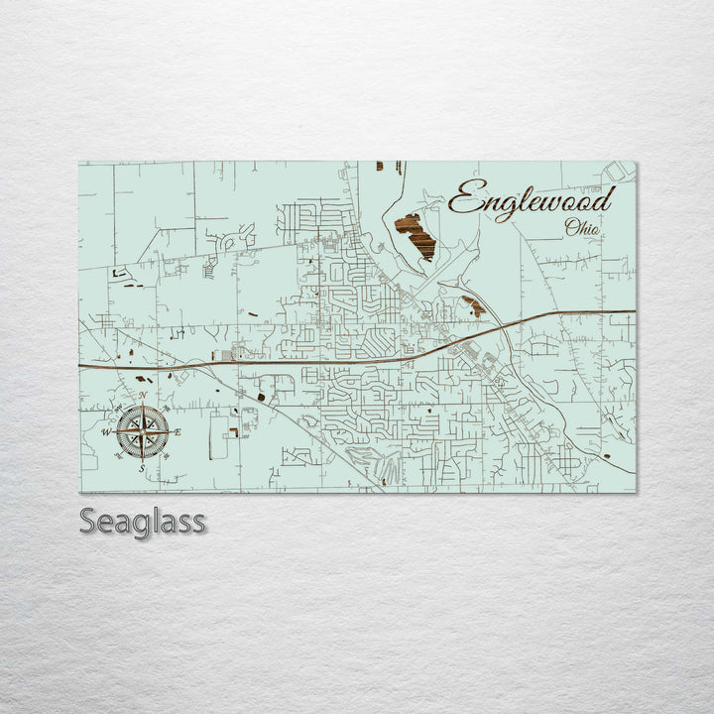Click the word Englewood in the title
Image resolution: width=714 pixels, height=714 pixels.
[x=531, y=200]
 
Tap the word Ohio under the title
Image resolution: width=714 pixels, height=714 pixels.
[x=581, y=228]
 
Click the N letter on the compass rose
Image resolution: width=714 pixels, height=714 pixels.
[x=143, y=396]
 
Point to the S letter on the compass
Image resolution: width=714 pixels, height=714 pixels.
[x=141, y=467]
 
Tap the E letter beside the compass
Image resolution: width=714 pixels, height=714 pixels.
[x=178, y=431]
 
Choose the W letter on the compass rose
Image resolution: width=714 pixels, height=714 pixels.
[x=106, y=432]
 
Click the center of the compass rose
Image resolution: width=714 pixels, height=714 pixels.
[x=142, y=431]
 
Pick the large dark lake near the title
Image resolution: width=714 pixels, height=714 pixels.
[x=415, y=235]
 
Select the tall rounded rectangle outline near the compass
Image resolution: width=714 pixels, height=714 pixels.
[x=216, y=436]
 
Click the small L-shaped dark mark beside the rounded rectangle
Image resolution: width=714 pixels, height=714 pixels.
[x=232, y=432]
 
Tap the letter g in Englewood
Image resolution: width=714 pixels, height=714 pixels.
[x=505, y=206]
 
